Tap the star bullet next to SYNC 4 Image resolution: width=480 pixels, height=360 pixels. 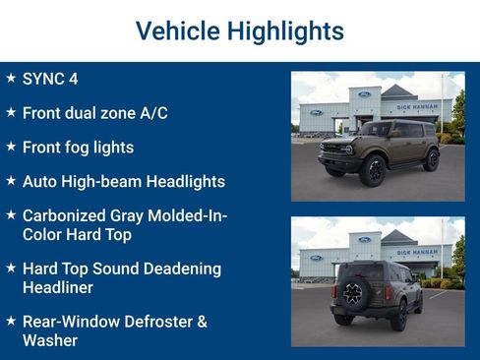(11, 78)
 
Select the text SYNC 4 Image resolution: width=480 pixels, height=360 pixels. (49, 79)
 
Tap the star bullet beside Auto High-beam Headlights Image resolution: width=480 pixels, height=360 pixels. (11, 181)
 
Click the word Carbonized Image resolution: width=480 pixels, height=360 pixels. (68, 215)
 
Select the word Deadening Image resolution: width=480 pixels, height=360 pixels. (178, 269)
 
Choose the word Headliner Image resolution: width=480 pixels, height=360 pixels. (58, 287)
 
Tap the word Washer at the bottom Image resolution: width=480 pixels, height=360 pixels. (49, 340)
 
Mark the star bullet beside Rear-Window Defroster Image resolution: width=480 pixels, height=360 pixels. (11, 322)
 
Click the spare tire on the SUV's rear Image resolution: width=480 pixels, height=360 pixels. (352, 293)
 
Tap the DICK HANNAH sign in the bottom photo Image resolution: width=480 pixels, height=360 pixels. (417, 252)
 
